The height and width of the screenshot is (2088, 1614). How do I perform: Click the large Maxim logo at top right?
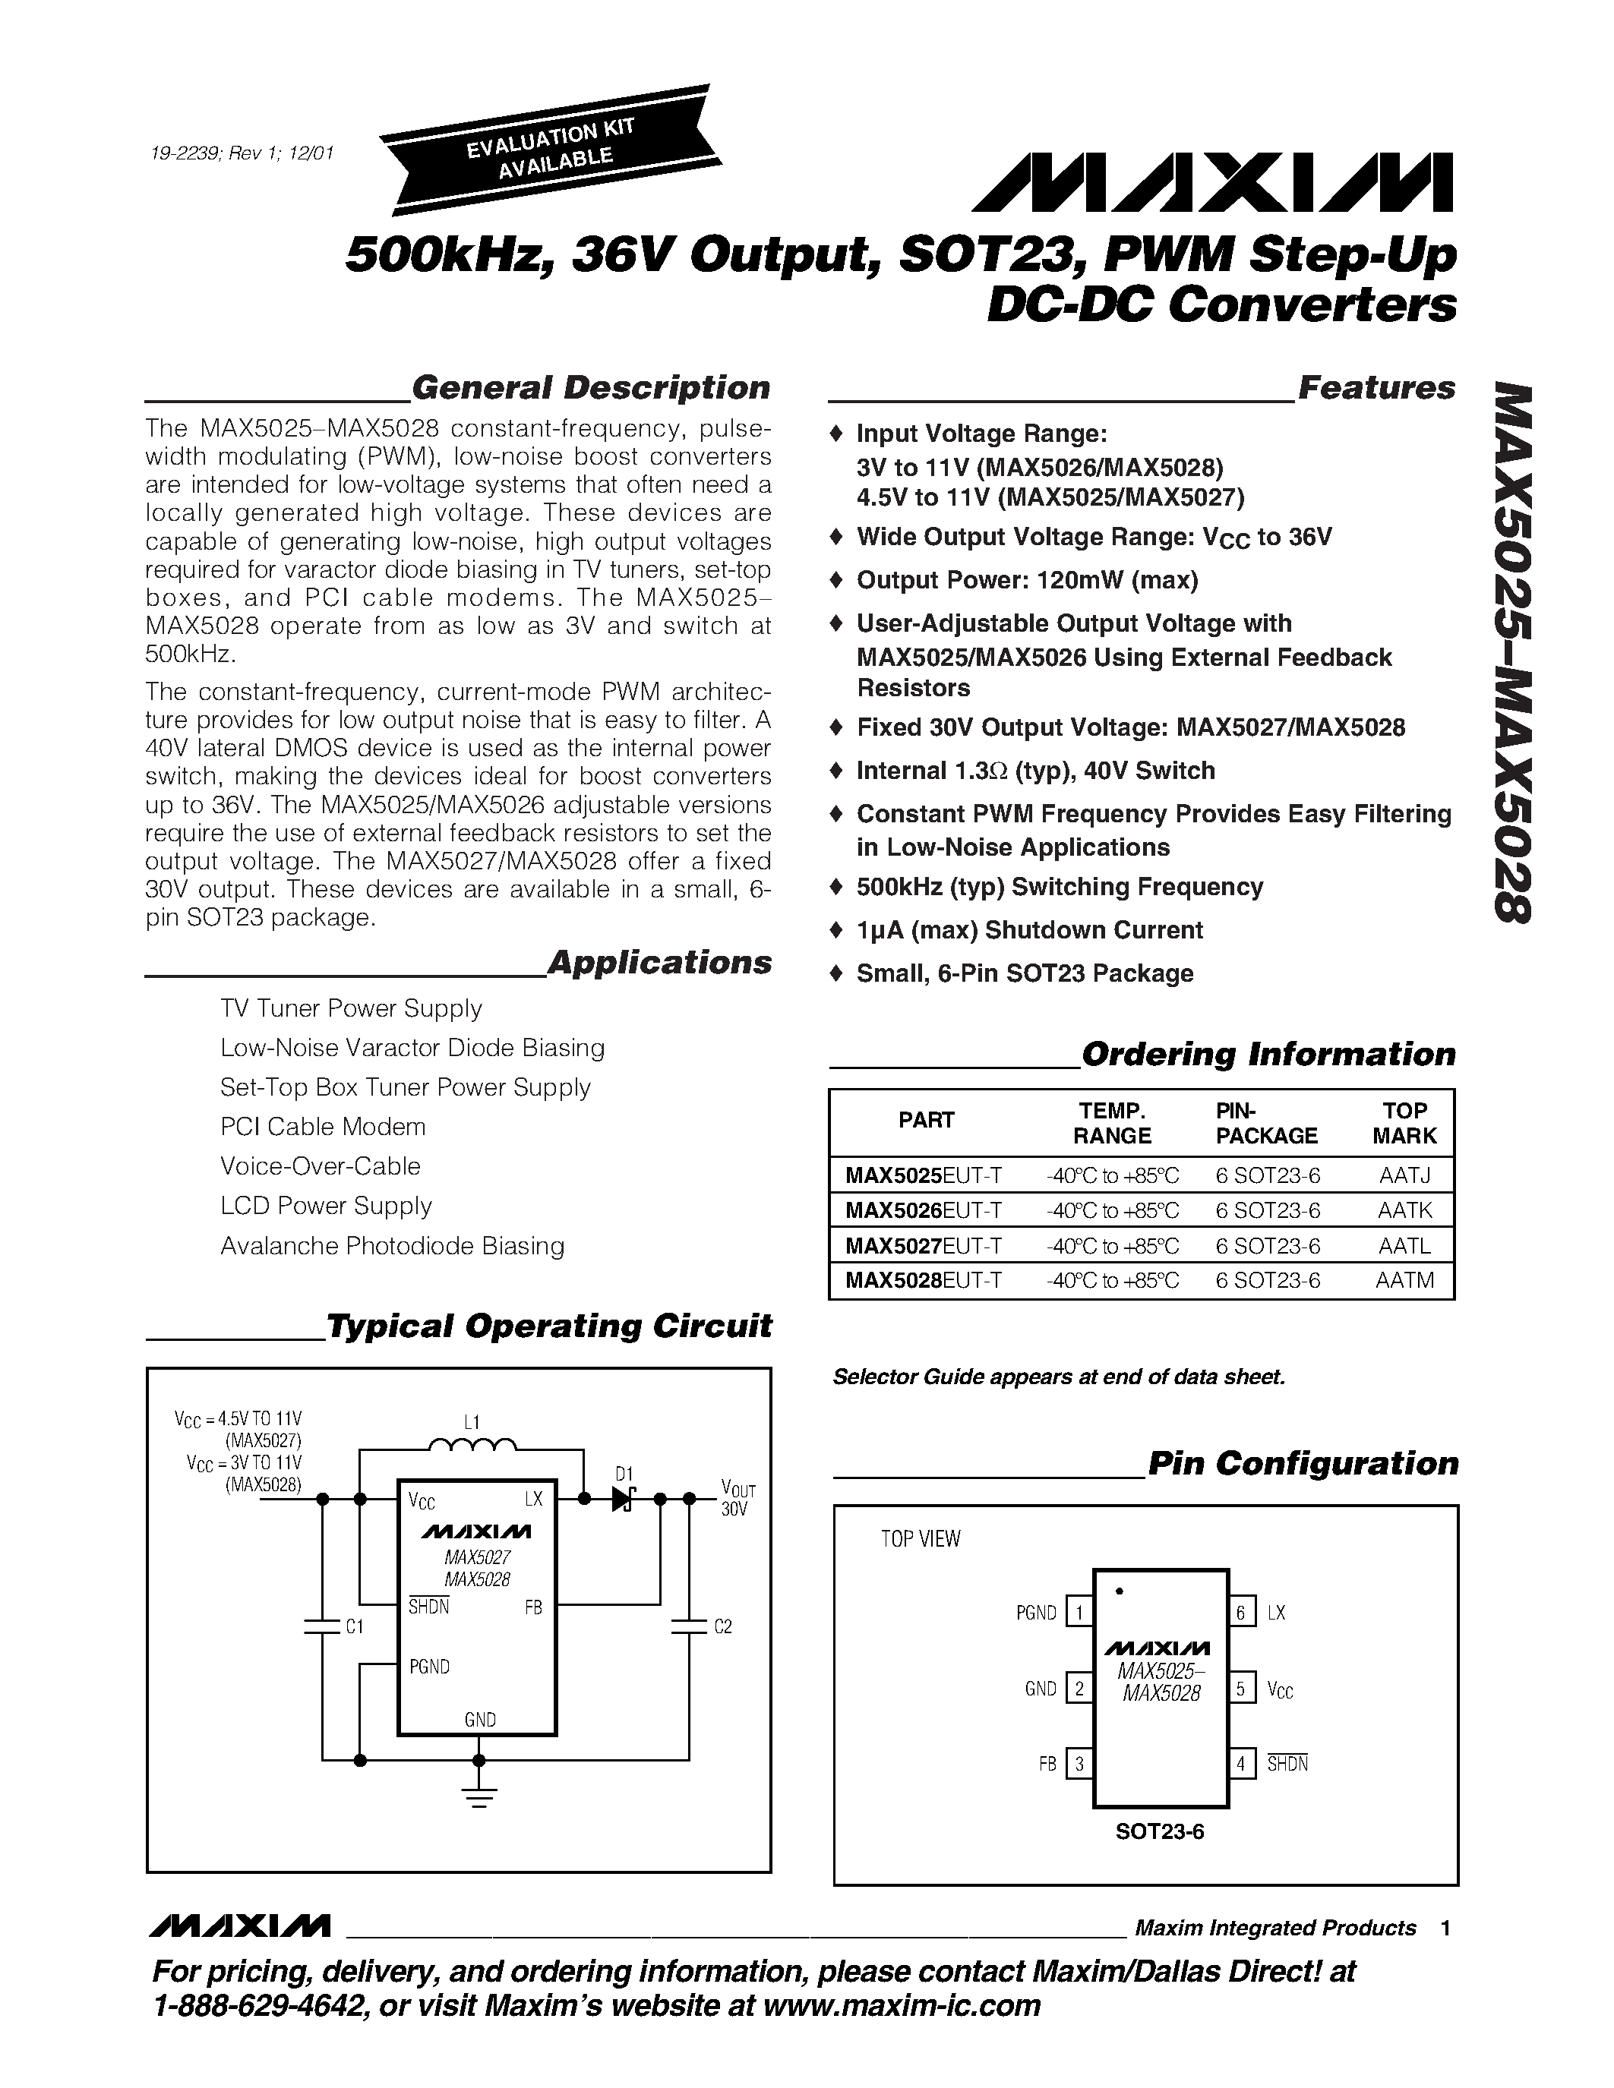(1212, 182)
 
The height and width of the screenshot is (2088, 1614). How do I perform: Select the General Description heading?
(590, 388)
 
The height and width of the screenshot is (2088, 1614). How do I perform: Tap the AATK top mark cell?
(1404, 1210)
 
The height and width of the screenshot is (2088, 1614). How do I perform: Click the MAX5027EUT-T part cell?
(923, 1246)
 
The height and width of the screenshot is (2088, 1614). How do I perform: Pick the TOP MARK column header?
(1404, 1122)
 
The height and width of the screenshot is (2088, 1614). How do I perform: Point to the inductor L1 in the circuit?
(472, 1446)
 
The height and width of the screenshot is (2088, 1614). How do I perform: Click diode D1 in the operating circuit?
(624, 1498)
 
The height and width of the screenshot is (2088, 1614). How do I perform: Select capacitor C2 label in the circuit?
(723, 1626)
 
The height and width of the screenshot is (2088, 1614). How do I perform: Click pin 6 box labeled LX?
(1240, 1613)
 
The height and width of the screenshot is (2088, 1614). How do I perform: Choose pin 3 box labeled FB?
(1079, 1764)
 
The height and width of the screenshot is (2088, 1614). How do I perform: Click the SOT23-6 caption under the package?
(1160, 1832)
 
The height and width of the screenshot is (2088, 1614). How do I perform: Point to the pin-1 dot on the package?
(1119, 1591)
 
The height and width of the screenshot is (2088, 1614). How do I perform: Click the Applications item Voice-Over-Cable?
(321, 1166)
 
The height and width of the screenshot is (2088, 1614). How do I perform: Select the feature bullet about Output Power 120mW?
(1027, 580)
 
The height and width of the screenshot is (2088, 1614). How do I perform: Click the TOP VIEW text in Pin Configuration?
(920, 1539)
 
